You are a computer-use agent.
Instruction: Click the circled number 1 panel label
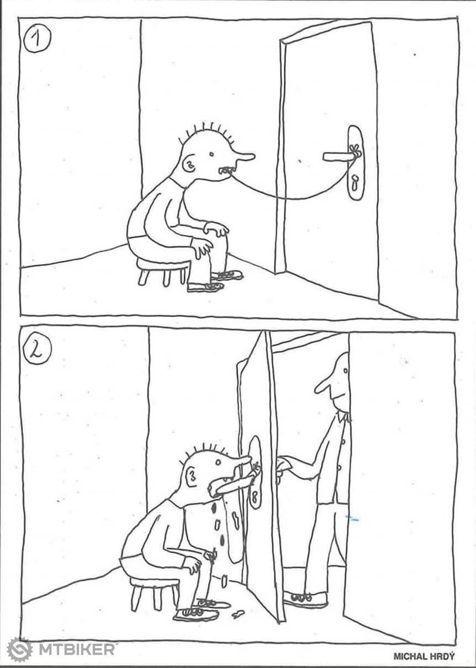click(x=38, y=40)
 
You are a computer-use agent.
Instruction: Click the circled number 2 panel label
click(x=38, y=352)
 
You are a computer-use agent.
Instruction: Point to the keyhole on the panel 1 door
click(x=355, y=183)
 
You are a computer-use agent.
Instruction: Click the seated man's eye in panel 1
click(x=211, y=154)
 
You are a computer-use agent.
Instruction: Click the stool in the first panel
click(x=162, y=271)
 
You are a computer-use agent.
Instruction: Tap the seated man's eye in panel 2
click(x=218, y=463)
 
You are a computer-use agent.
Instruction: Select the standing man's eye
click(x=345, y=371)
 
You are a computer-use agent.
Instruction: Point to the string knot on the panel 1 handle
click(x=356, y=151)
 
